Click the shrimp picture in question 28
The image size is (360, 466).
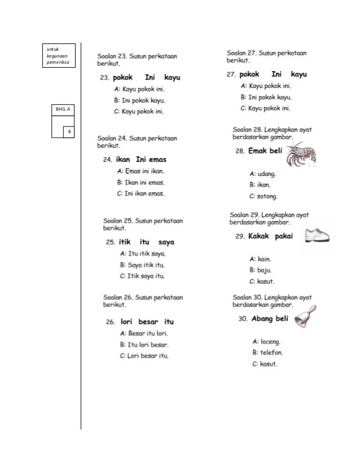(x=300, y=154)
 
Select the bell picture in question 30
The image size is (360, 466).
(x=305, y=317)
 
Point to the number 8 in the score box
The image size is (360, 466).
(x=69, y=132)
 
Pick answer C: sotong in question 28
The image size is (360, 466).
(x=263, y=196)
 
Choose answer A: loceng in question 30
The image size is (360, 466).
(x=266, y=341)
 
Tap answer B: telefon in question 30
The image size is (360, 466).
(x=267, y=353)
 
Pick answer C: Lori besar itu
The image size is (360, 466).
(x=144, y=355)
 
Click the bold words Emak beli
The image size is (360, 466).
(x=266, y=151)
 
